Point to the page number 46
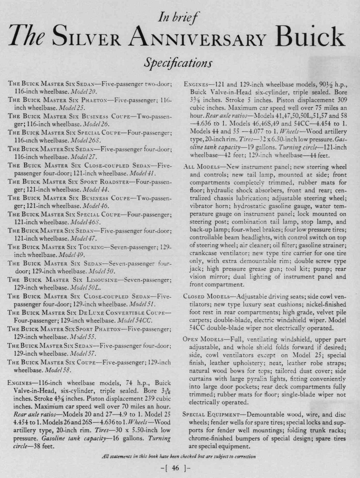click(180, 467)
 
